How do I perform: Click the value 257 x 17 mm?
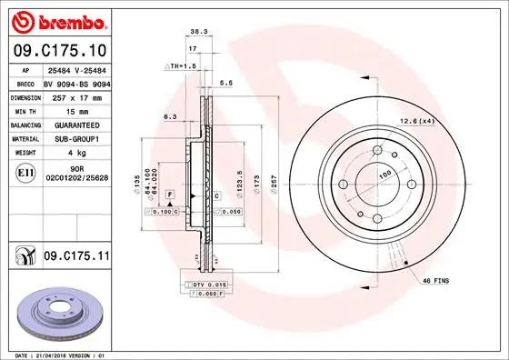[x=75, y=97]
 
